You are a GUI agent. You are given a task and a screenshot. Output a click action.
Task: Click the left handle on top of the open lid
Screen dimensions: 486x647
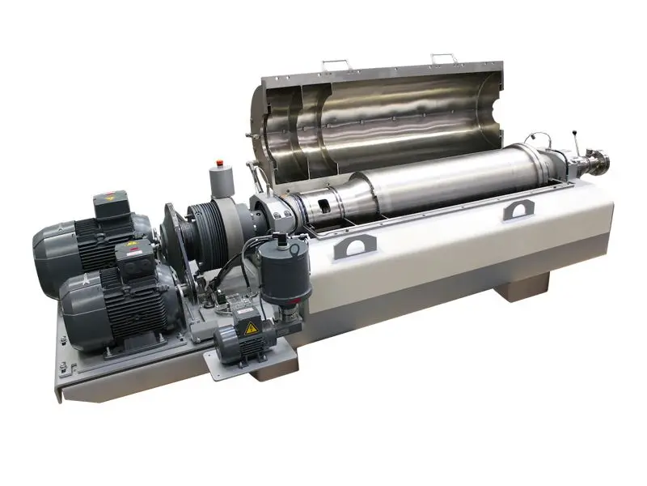(336, 63)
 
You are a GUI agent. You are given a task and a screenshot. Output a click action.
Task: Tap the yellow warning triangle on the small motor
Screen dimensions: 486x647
(251, 328)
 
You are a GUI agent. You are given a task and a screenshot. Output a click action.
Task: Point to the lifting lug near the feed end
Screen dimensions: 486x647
(517, 211)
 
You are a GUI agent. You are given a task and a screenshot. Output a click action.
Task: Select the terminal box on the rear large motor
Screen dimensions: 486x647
(111, 205)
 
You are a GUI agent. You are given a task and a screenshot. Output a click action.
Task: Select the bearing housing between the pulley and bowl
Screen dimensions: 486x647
(271, 215)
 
